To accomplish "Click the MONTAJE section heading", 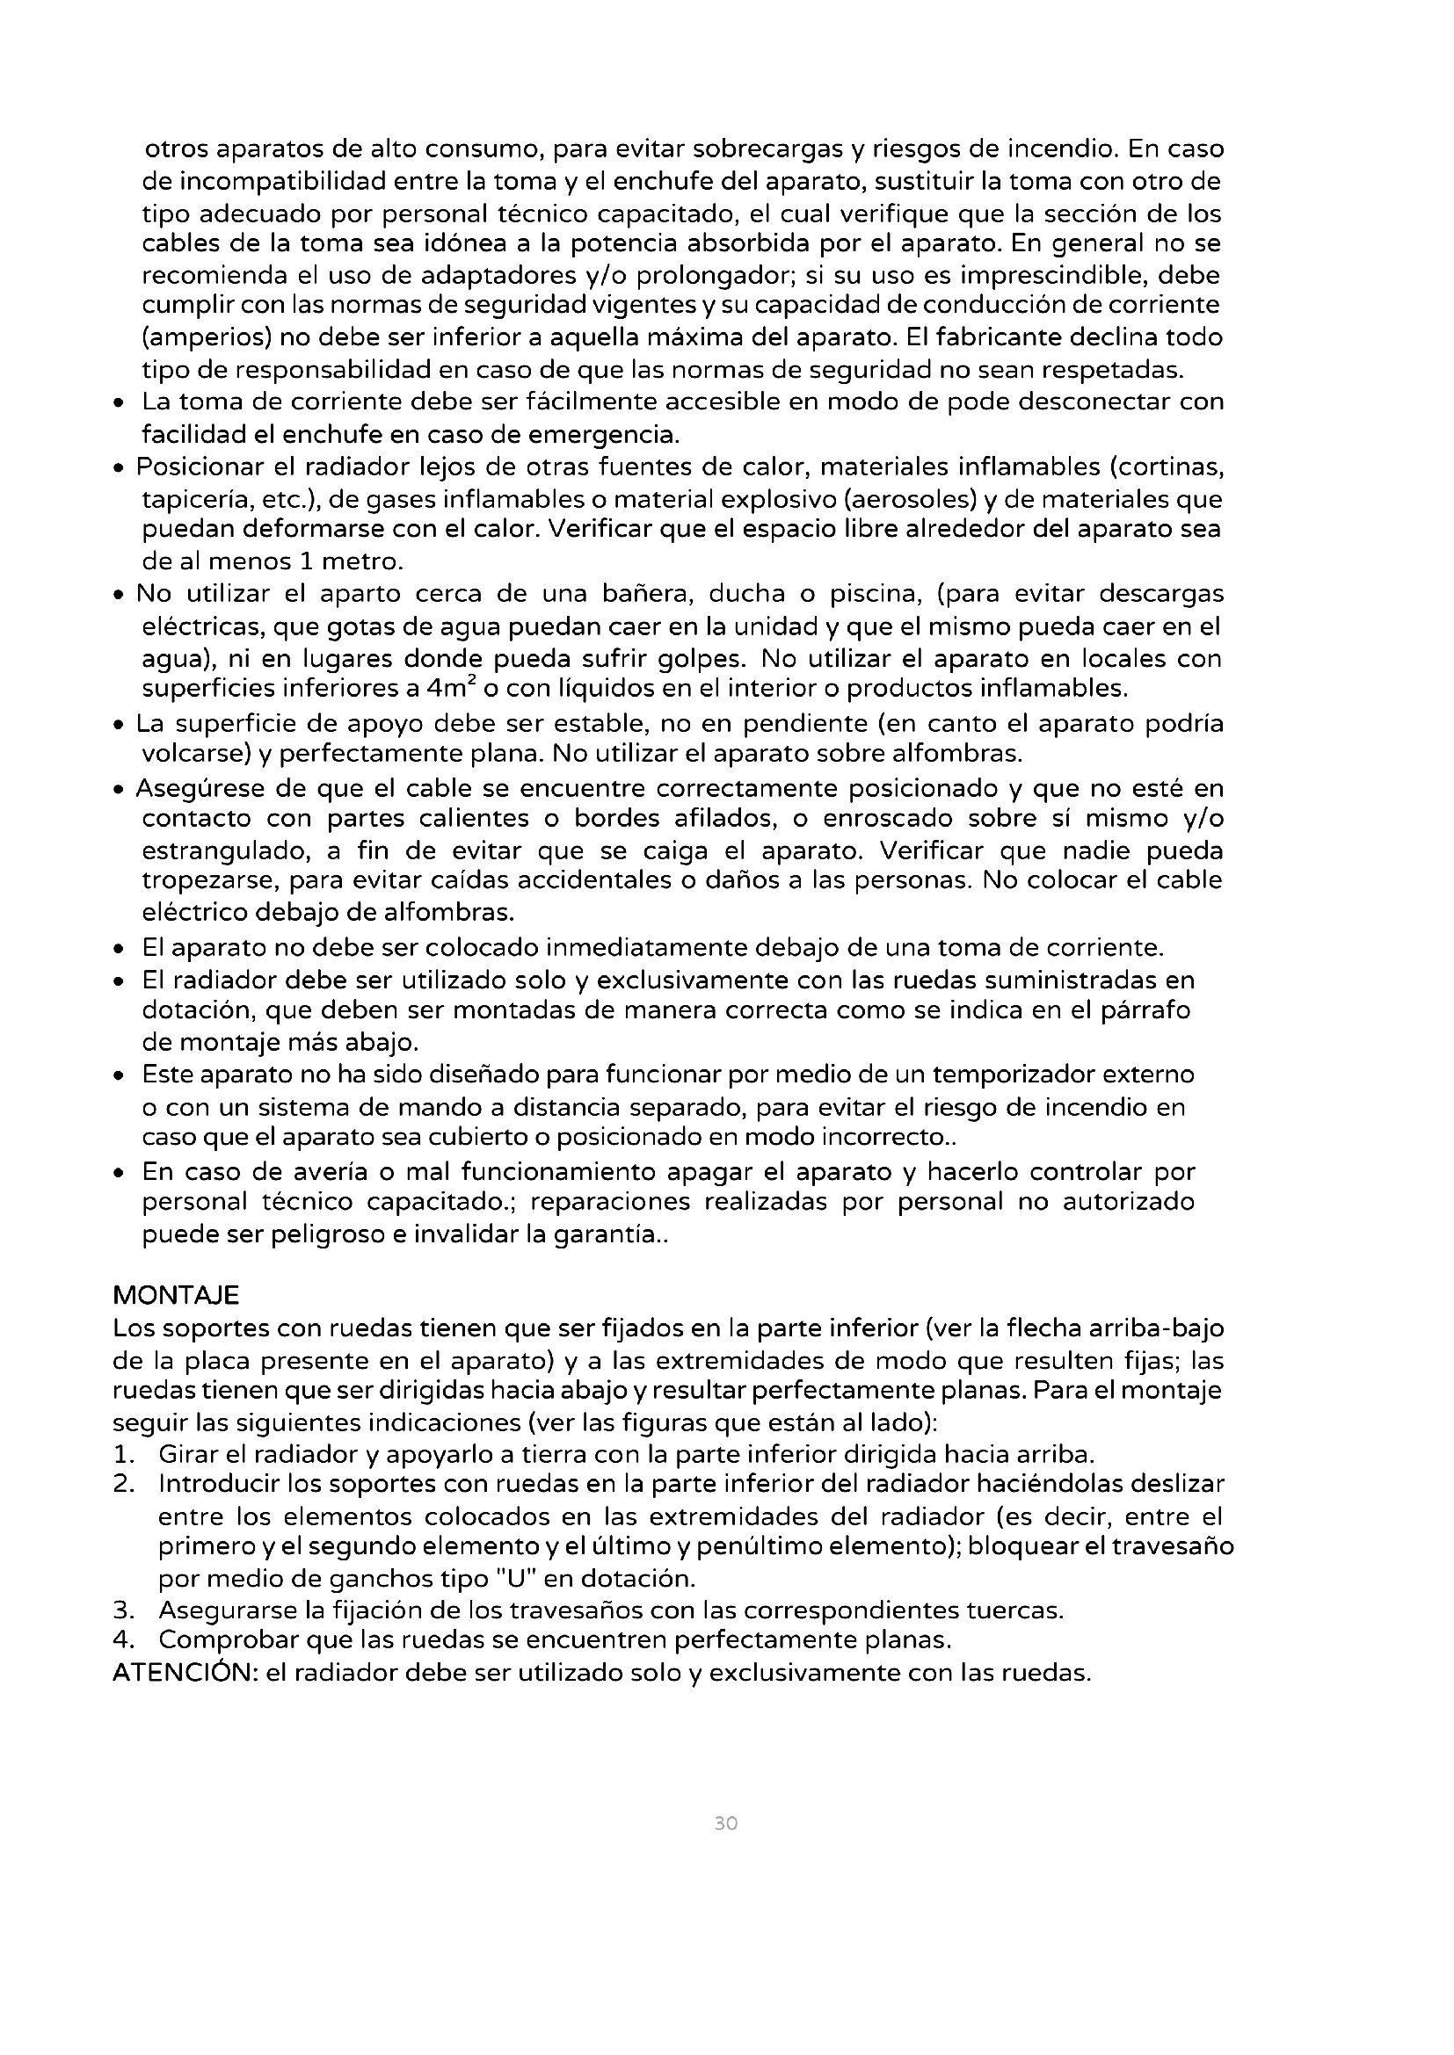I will coord(176,1295).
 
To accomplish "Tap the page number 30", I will coord(726,1823).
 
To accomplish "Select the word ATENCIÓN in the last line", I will coord(185,1672).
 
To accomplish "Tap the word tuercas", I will coord(1014,1610).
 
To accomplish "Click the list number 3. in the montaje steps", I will coord(124,1610).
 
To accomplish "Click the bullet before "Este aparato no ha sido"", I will coord(118,1075).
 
